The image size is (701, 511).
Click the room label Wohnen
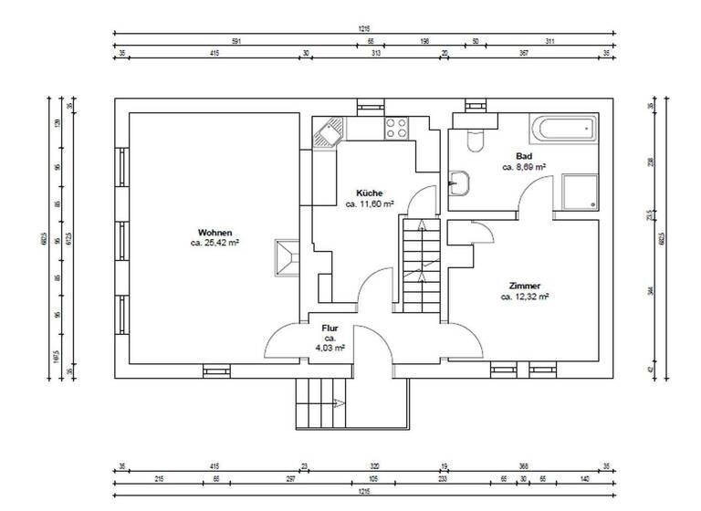click(x=214, y=232)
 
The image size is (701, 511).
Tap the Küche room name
click(x=370, y=193)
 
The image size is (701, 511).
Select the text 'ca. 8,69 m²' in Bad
click(x=524, y=168)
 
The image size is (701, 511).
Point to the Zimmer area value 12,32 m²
click(x=524, y=297)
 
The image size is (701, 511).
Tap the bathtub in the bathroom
click(x=564, y=128)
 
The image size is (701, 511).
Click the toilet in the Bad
click(x=473, y=137)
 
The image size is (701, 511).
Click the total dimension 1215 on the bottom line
click(x=363, y=492)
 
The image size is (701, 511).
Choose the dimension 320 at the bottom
click(x=374, y=466)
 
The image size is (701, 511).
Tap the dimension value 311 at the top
click(x=549, y=41)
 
